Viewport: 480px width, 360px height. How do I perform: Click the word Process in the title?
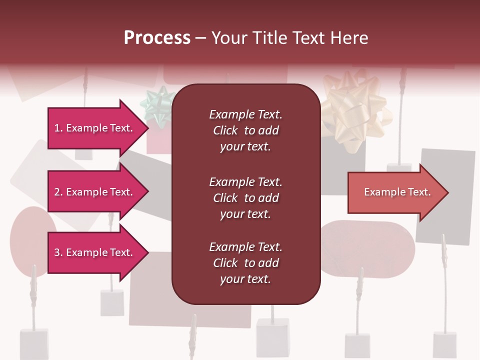[x=157, y=38]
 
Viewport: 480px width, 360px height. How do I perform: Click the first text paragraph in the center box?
[x=245, y=130]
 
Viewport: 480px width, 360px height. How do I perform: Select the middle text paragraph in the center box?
[x=245, y=198]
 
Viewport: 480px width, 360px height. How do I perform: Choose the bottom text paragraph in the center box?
[x=245, y=263]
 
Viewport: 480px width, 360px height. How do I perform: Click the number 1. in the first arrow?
[x=58, y=128]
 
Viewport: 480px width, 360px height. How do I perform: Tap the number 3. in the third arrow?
[x=58, y=252]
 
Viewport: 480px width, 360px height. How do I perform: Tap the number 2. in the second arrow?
[x=58, y=192]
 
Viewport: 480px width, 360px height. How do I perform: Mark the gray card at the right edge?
[x=446, y=197]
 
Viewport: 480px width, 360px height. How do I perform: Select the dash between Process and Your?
[x=201, y=38]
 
